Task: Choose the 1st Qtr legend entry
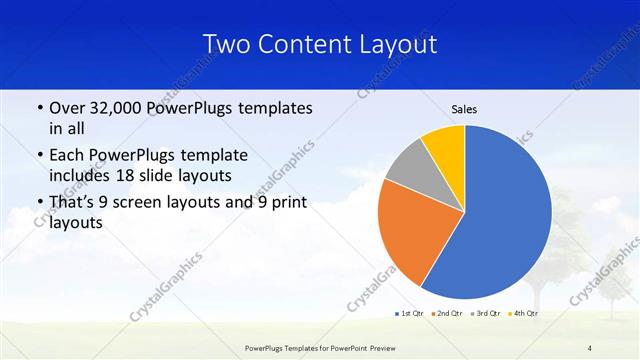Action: click(408, 314)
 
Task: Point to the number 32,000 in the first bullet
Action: click(123, 108)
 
